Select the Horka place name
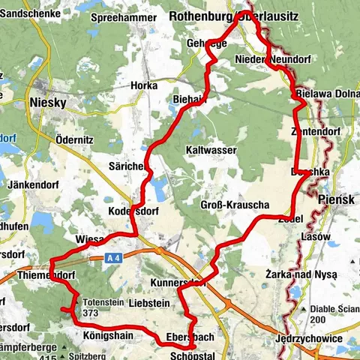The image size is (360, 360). coord(143,86)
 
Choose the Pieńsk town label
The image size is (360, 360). coord(334,200)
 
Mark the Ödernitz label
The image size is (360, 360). coord(73,139)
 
